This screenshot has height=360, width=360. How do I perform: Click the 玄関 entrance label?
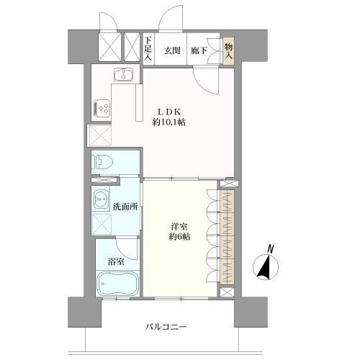click(x=171, y=50)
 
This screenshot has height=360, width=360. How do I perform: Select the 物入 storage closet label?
click(x=228, y=50)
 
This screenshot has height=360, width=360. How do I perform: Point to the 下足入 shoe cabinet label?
click(x=148, y=50)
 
